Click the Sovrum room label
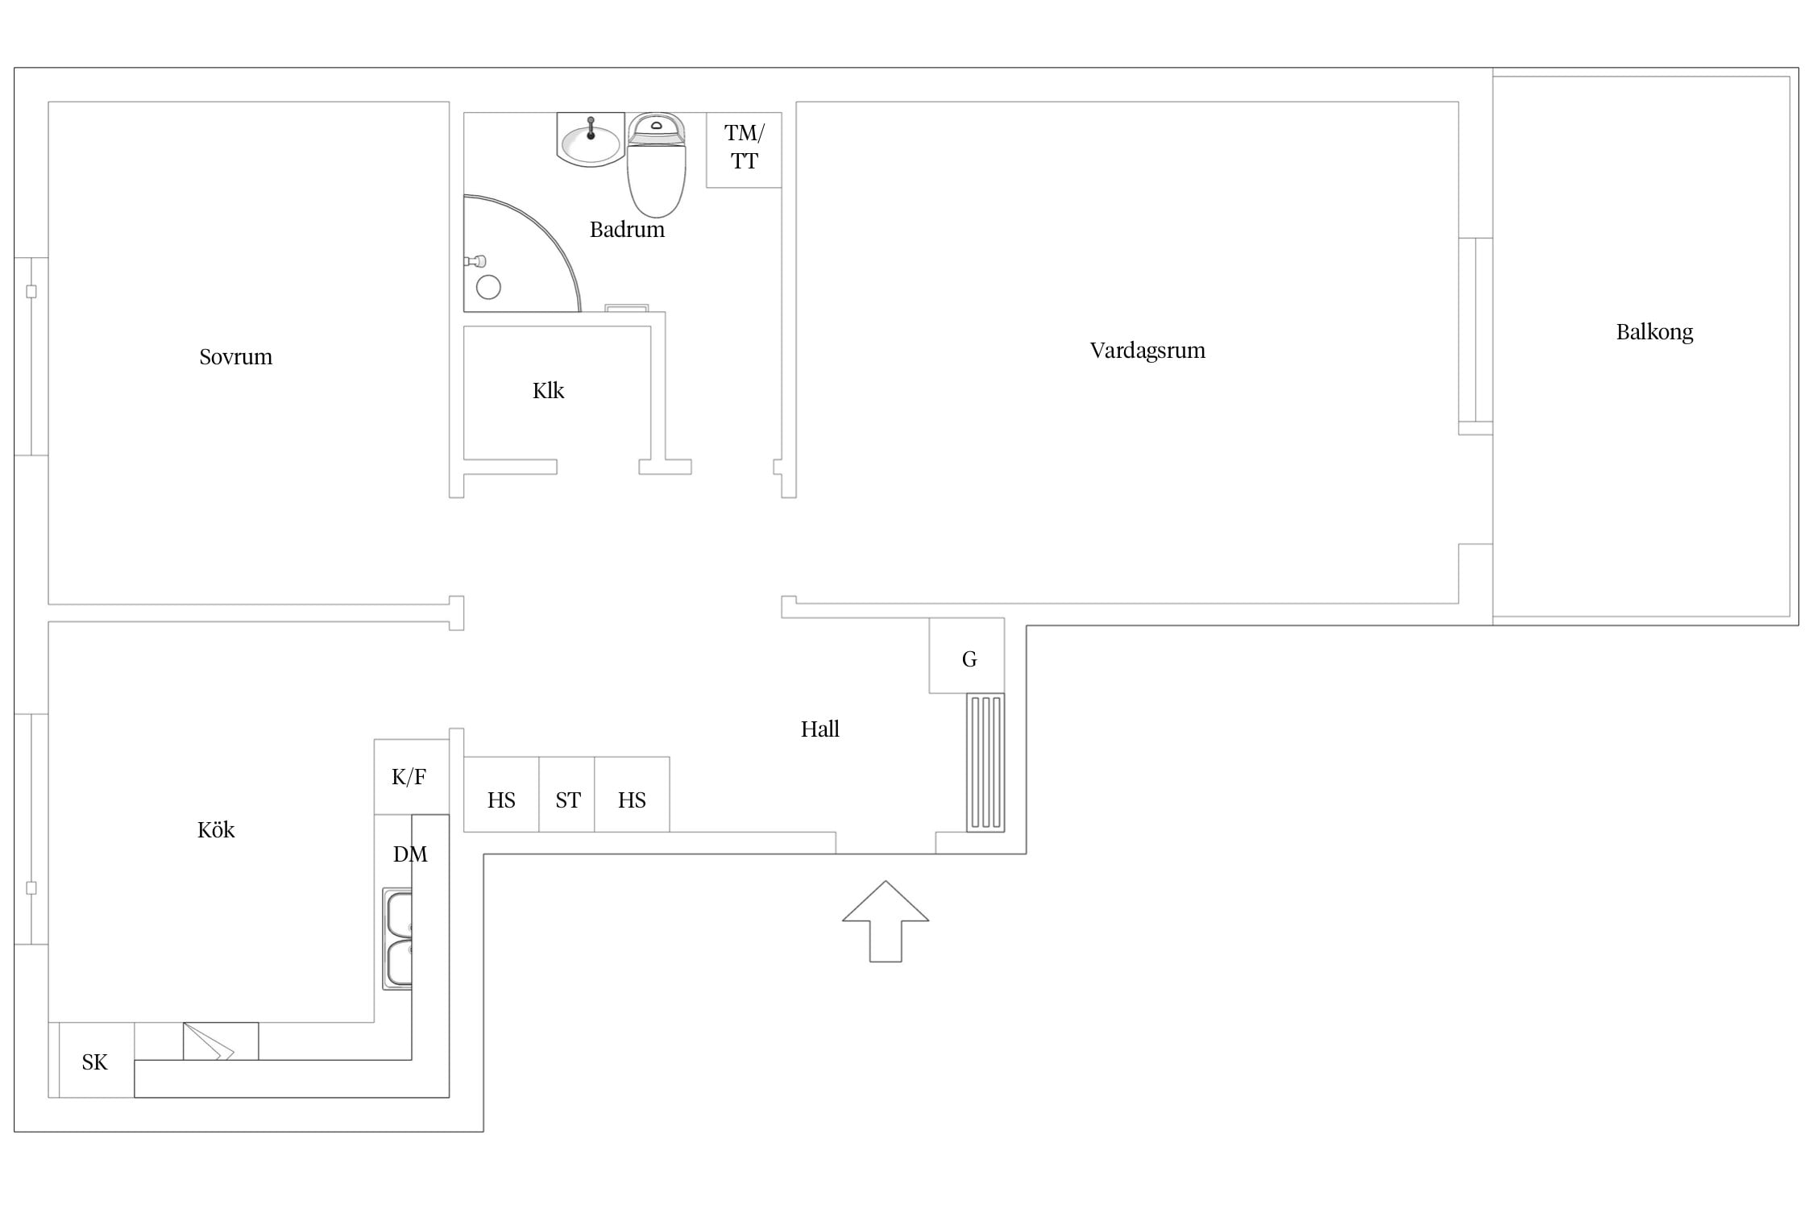coord(235,357)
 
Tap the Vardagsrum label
coord(1147,351)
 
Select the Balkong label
coord(1654,332)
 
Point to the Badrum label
coord(627,230)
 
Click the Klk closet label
coord(548,391)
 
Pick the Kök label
coord(216,829)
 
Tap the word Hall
coord(819,729)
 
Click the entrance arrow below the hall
coord(886,921)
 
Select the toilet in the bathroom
coord(656,165)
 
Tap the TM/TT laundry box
coord(744,150)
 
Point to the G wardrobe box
coord(967,655)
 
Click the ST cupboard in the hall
coord(566,795)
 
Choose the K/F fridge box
coord(411,777)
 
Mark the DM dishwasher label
coord(410,854)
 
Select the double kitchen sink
coord(398,939)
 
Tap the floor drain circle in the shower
coord(488,287)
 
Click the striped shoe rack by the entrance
coord(985,762)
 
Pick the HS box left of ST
coord(501,795)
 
